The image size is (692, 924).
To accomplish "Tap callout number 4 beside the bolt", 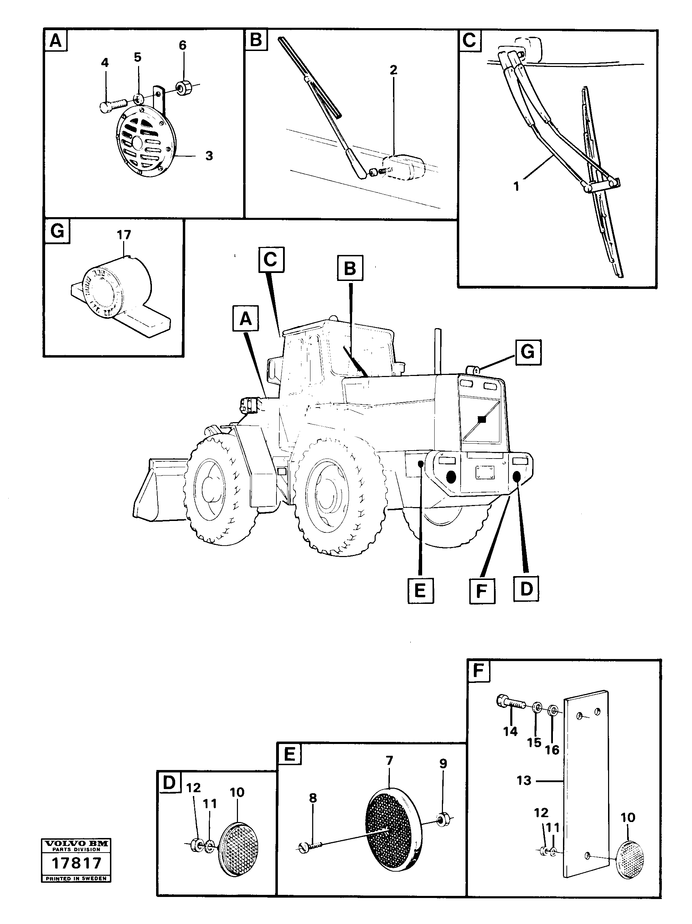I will [104, 63].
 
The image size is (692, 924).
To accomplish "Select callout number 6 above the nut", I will [182, 45].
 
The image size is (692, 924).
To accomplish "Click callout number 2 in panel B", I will [393, 70].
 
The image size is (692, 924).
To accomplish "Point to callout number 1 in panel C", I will [516, 187].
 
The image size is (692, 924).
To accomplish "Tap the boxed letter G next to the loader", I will [528, 352].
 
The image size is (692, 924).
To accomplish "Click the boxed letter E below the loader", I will [420, 591].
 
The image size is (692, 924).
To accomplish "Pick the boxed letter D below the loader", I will [526, 589].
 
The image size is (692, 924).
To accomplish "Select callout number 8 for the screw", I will [313, 797].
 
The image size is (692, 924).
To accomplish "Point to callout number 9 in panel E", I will [443, 764].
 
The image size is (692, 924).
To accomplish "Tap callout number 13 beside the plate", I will [524, 780].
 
